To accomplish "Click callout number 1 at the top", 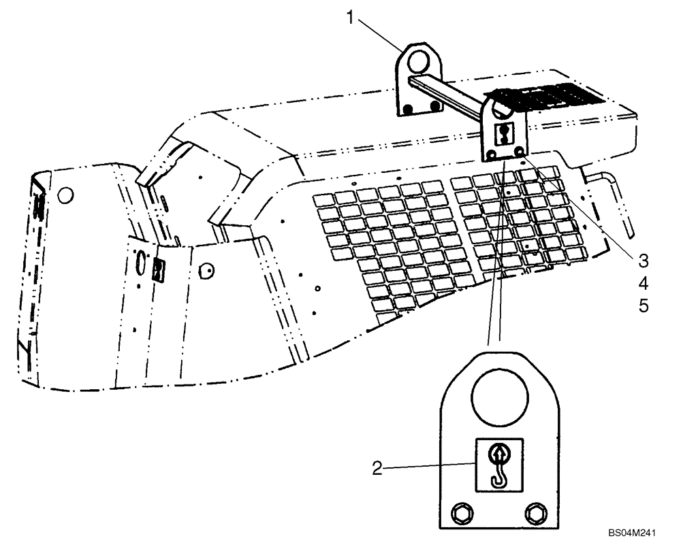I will tap(351, 17).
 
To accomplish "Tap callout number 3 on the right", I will tap(643, 260).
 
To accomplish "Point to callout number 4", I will tap(643, 283).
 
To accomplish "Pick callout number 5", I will tap(643, 306).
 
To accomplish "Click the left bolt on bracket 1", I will tap(407, 109).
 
